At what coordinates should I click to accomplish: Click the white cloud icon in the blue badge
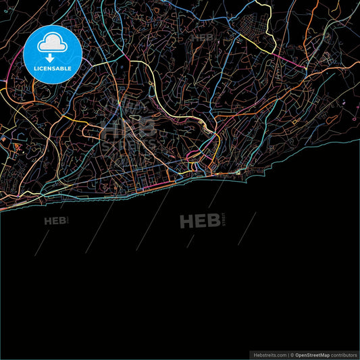52,43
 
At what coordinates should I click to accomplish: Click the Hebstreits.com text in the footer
269,354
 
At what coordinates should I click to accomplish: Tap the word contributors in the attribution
344,354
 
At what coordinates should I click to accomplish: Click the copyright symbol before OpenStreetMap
292,354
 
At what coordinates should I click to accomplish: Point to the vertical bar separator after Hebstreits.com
287,354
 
